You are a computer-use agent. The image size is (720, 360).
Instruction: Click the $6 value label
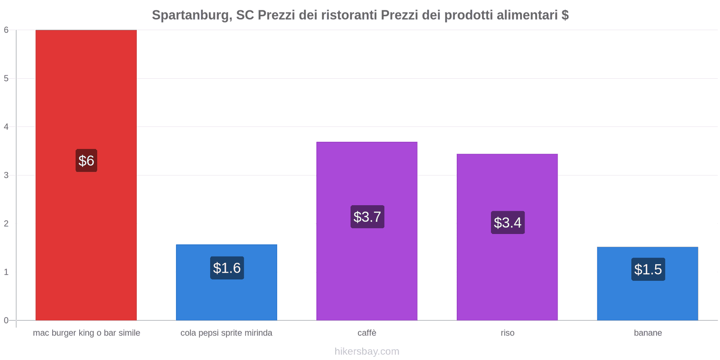86,161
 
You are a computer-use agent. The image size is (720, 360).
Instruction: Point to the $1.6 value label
227,268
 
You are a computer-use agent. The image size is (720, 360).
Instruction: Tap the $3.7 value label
367,217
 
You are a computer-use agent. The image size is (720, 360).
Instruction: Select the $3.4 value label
508,222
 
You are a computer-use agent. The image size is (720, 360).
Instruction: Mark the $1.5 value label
648,269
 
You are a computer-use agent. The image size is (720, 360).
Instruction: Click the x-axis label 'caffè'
367,333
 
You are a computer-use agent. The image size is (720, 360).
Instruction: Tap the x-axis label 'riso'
507,333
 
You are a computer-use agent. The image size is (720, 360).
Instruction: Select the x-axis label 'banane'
648,333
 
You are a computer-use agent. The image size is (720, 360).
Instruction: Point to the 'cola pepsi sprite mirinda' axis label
226,333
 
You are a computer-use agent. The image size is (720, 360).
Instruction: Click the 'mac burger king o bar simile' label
86,333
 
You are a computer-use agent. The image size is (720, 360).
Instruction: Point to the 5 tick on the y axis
6,78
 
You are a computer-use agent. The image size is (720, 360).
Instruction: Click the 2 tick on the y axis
6,224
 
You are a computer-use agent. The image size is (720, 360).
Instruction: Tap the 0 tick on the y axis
6,320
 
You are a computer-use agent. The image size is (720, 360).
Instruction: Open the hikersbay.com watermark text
367,351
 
